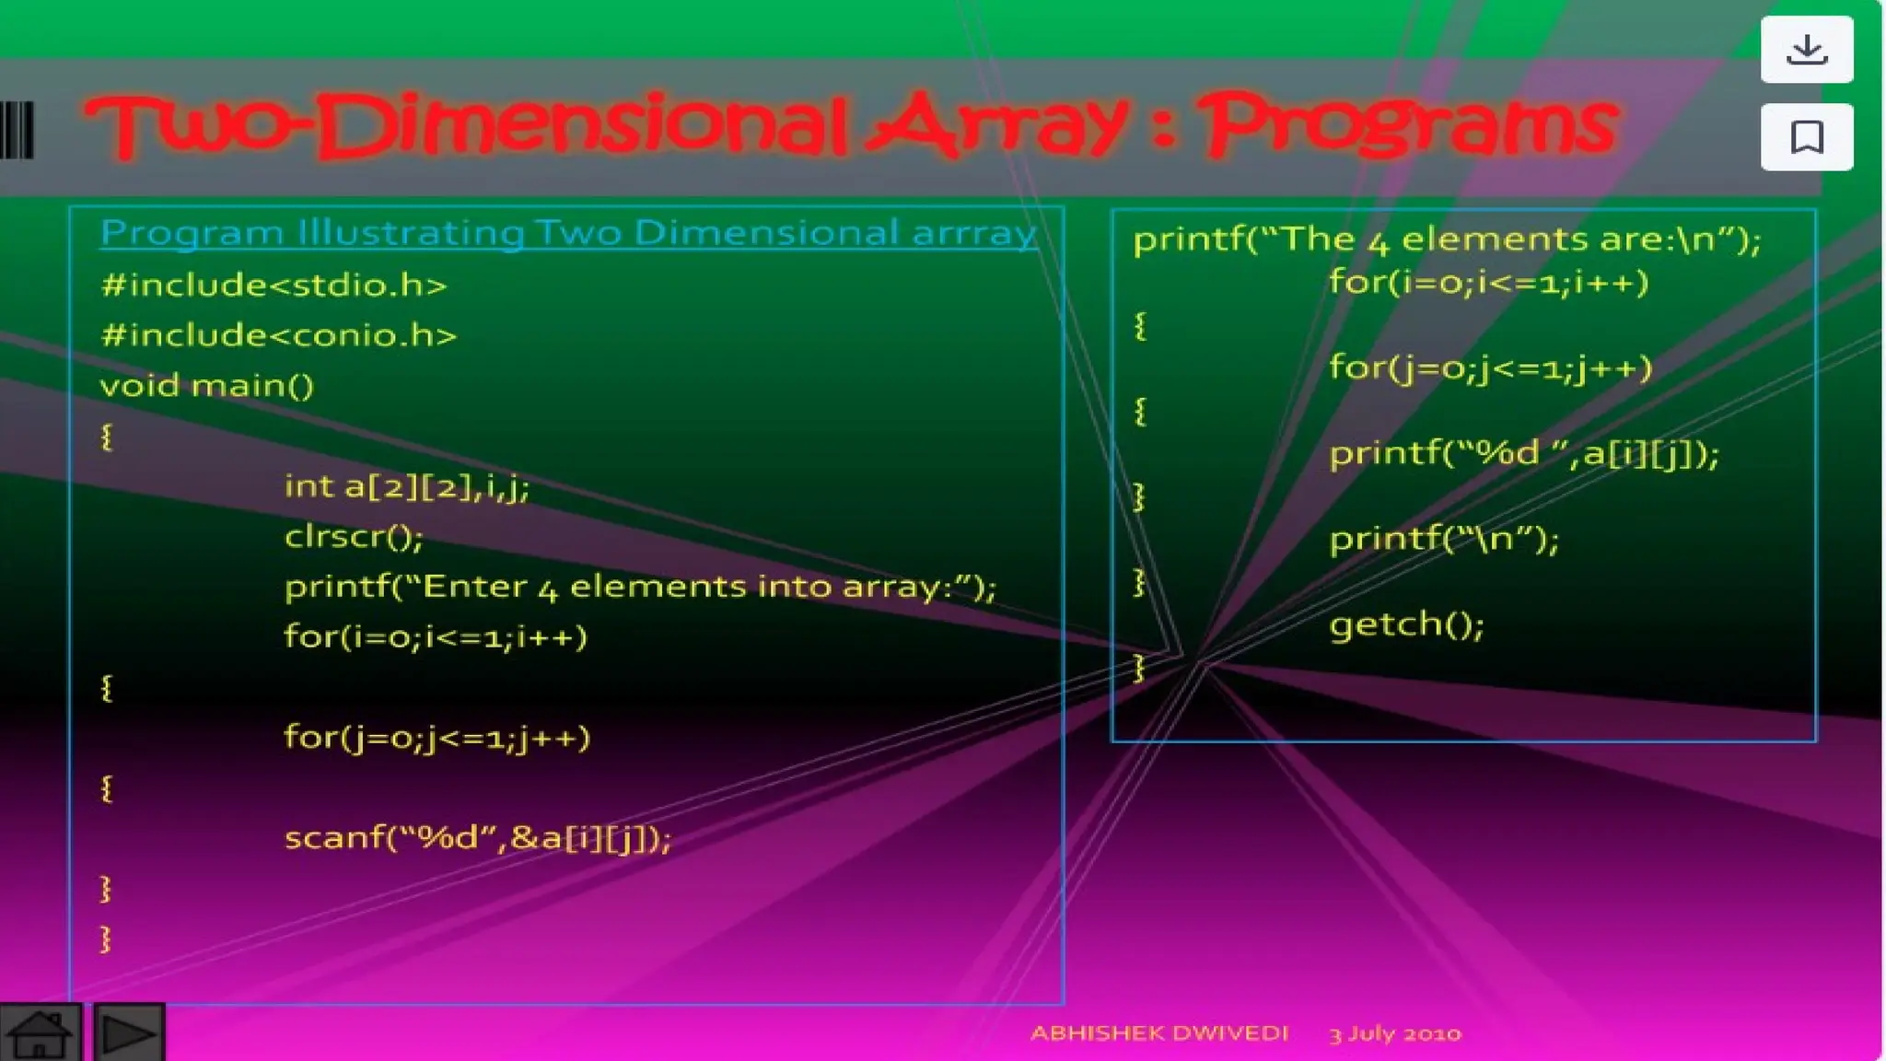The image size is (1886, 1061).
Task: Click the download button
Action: pyautogui.click(x=1806, y=50)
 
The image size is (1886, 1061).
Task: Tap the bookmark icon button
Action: pyautogui.click(x=1806, y=137)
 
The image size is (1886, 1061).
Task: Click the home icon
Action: pyautogui.click(x=40, y=1033)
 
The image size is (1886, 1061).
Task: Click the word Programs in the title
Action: pyautogui.click(x=1409, y=126)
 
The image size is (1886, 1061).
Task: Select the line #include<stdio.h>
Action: pyautogui.click(x=274, y=286)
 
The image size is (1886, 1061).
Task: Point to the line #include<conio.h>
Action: pyautogui.click(x=278, y=335)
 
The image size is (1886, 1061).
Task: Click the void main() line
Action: pyautogui.click(x=206, y=386)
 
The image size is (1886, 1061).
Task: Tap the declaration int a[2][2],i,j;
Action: pyautogui.click(x=407, y=486)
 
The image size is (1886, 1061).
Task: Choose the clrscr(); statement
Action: pyautogui.click(x=354, y=536)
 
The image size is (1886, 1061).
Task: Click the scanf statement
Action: pyautogui.click(x=477, y=838)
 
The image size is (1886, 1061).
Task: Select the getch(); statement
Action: pyautogui.click(x=1406, y=625)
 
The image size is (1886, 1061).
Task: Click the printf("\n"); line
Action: pyautogui.click(x=1443, y=539)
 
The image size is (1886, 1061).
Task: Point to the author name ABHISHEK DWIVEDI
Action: pyautogui.click(x=1158, y=1033)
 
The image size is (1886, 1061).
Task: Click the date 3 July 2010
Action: pyautogui.click(x=1394, y=1033)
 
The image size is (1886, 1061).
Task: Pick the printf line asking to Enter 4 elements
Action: pyautogui.click(x=640, y=587)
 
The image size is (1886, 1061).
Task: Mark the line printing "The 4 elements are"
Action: pyautogui.click(x=1446, y=239)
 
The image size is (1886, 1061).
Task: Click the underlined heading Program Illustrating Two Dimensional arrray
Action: pyautogui.click(x=568, y=233)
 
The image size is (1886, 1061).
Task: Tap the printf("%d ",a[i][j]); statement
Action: pyautogui.click(x=1523, y=453)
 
